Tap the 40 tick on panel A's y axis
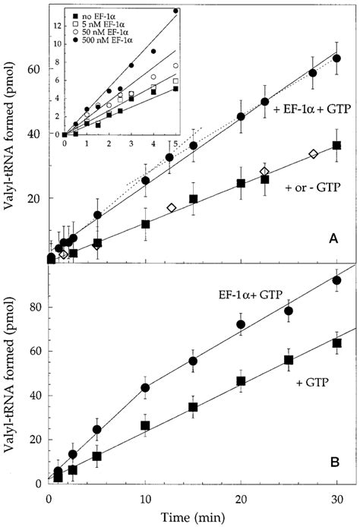click(36, 134)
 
